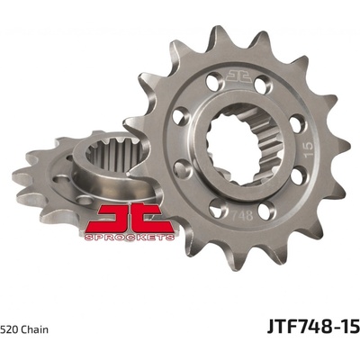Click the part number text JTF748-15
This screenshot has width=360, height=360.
pos(313,327)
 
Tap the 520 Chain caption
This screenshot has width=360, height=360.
pos(24,329)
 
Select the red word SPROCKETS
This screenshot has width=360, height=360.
pos(130,238)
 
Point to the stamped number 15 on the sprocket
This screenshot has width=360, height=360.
pos(308,149)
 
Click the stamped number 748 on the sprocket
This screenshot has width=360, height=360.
pos(242,215)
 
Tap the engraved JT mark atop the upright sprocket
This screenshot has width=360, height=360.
pos(238,76)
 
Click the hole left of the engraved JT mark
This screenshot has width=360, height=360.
pos(215,81)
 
